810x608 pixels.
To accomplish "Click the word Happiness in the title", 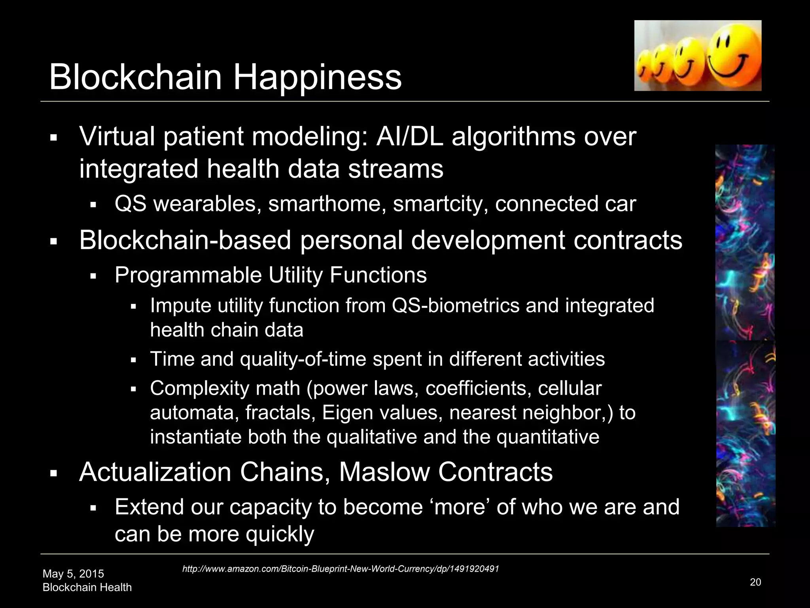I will [317, 77].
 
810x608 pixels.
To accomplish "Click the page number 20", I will [755, 582].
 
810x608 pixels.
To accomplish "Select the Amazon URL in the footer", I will [341, 569].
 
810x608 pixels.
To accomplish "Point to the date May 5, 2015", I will [73, 574].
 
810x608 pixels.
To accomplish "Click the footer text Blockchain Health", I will [87, 587].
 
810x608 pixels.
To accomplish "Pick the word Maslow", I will [384, 472].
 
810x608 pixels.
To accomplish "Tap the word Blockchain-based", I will [185, 240].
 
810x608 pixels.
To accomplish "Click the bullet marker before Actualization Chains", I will [54, 473].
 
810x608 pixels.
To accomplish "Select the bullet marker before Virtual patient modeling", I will [54, 138].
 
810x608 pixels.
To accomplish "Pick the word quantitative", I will [548, 437].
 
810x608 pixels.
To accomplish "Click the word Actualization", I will [155, 472].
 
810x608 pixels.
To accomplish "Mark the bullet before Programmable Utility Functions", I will [93, 276].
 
